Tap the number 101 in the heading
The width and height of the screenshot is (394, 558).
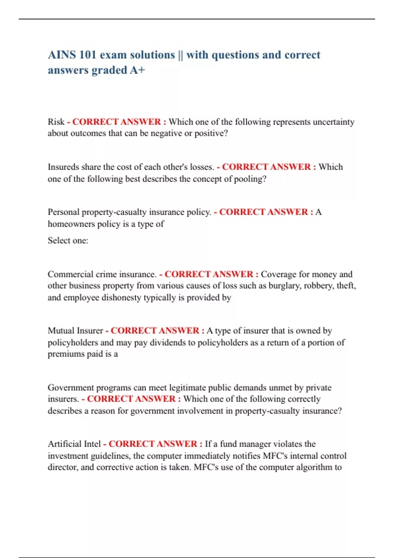pyautogui.click(x=87, y=55)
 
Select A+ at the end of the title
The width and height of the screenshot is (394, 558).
pyautogui.click(x=137, y=70)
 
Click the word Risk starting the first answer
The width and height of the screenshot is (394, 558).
pyautogui.click(x=56, y=122)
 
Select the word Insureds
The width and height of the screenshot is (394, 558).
pyautogui.click(x=63, y=167)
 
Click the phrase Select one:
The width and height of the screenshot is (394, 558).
pyautogui.click(x=68, y=241)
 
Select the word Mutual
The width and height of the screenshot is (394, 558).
pyautogui.click(x=61, y=331)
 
